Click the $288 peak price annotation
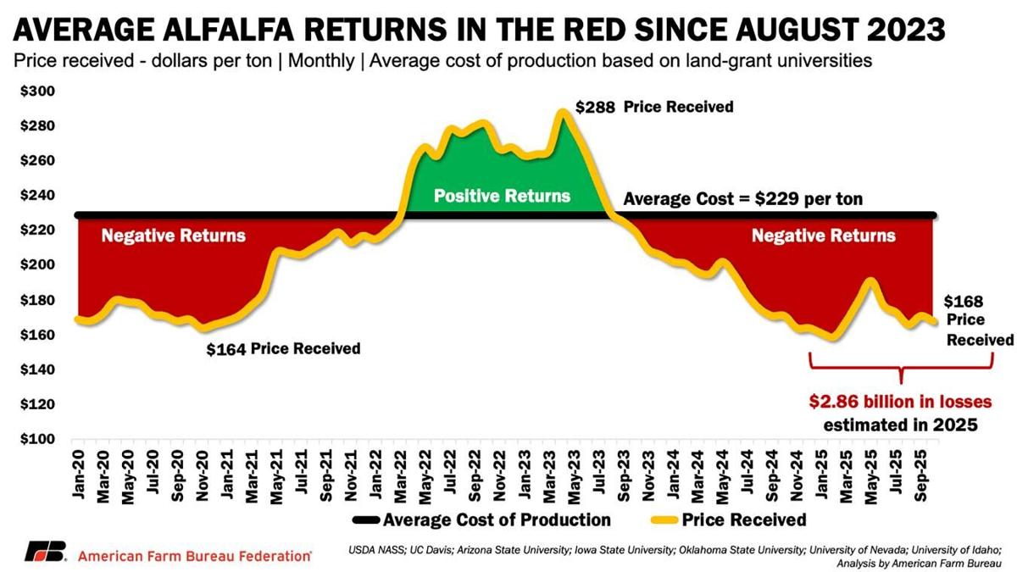coord(591,108)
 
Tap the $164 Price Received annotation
coord(283,348)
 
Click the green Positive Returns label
coord(503,196)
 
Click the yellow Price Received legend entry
coord(733,519)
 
